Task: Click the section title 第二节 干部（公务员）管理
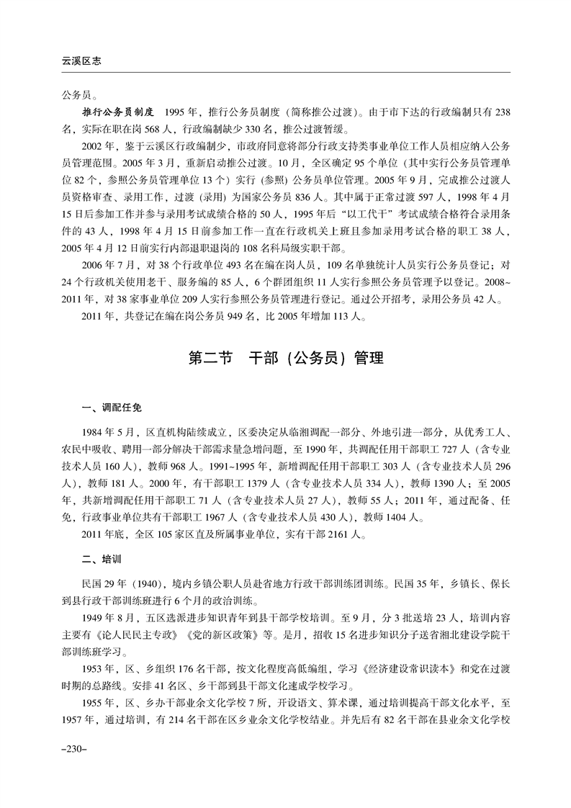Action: [285, 358]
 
